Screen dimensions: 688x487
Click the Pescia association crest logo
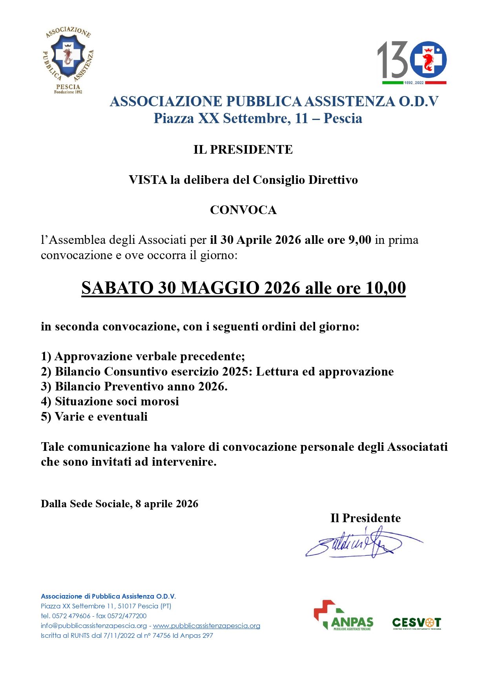tap(68, 60)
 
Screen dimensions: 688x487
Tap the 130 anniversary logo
tap(412, 62)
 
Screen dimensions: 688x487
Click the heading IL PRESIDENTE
tap(243, 150)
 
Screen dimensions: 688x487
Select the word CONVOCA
tap(243, 210)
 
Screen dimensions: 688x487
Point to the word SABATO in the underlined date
tap(117, 288)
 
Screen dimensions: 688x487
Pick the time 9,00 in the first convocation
tap(359, 240)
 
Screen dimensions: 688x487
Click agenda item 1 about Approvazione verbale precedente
tap(143, 356)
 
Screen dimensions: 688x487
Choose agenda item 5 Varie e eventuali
tap(94, 417)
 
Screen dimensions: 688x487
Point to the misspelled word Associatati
tap(417, 447)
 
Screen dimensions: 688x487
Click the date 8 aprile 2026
tap(167, 504)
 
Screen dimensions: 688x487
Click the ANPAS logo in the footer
tap(343, 615)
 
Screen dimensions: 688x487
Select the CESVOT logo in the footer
tap(416, 623)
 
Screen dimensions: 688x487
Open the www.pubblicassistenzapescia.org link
tap(206, 626)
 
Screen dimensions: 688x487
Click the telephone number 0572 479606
tap(71, 616)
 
